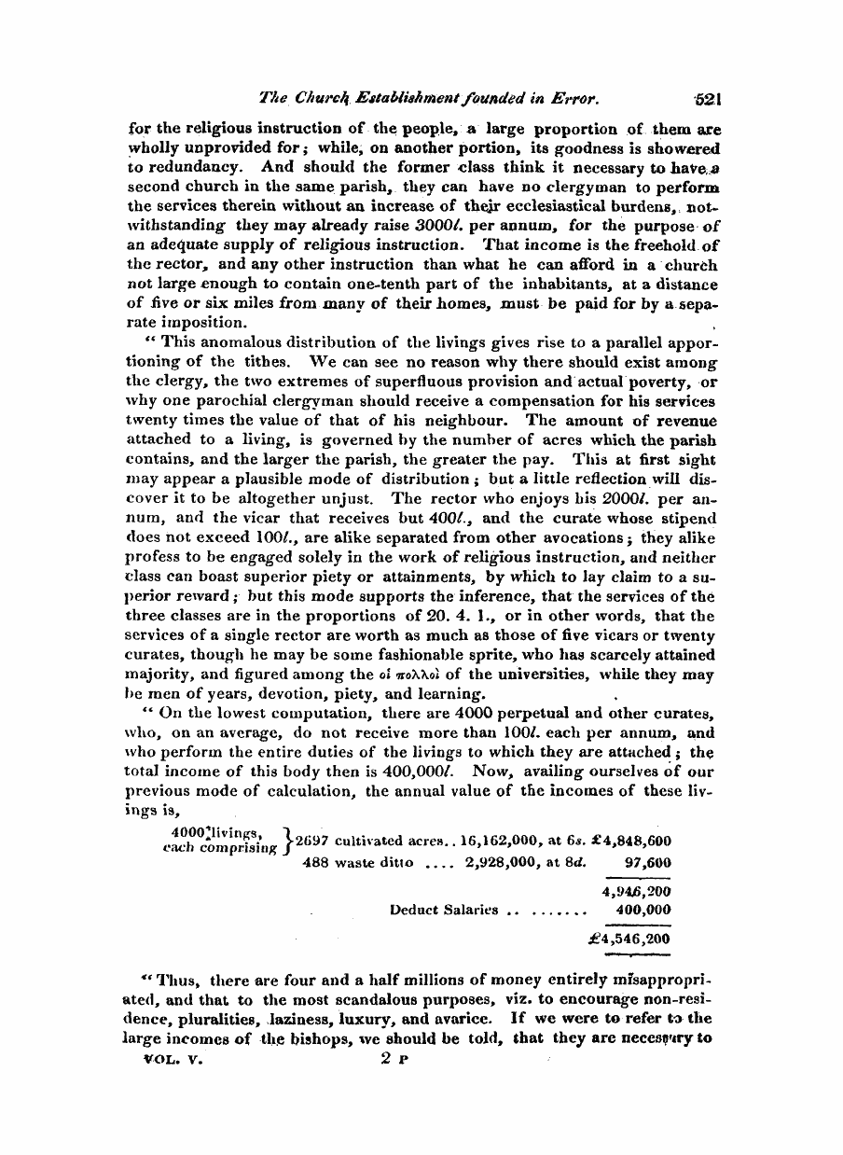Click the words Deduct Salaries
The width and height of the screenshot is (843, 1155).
(442, 909)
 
